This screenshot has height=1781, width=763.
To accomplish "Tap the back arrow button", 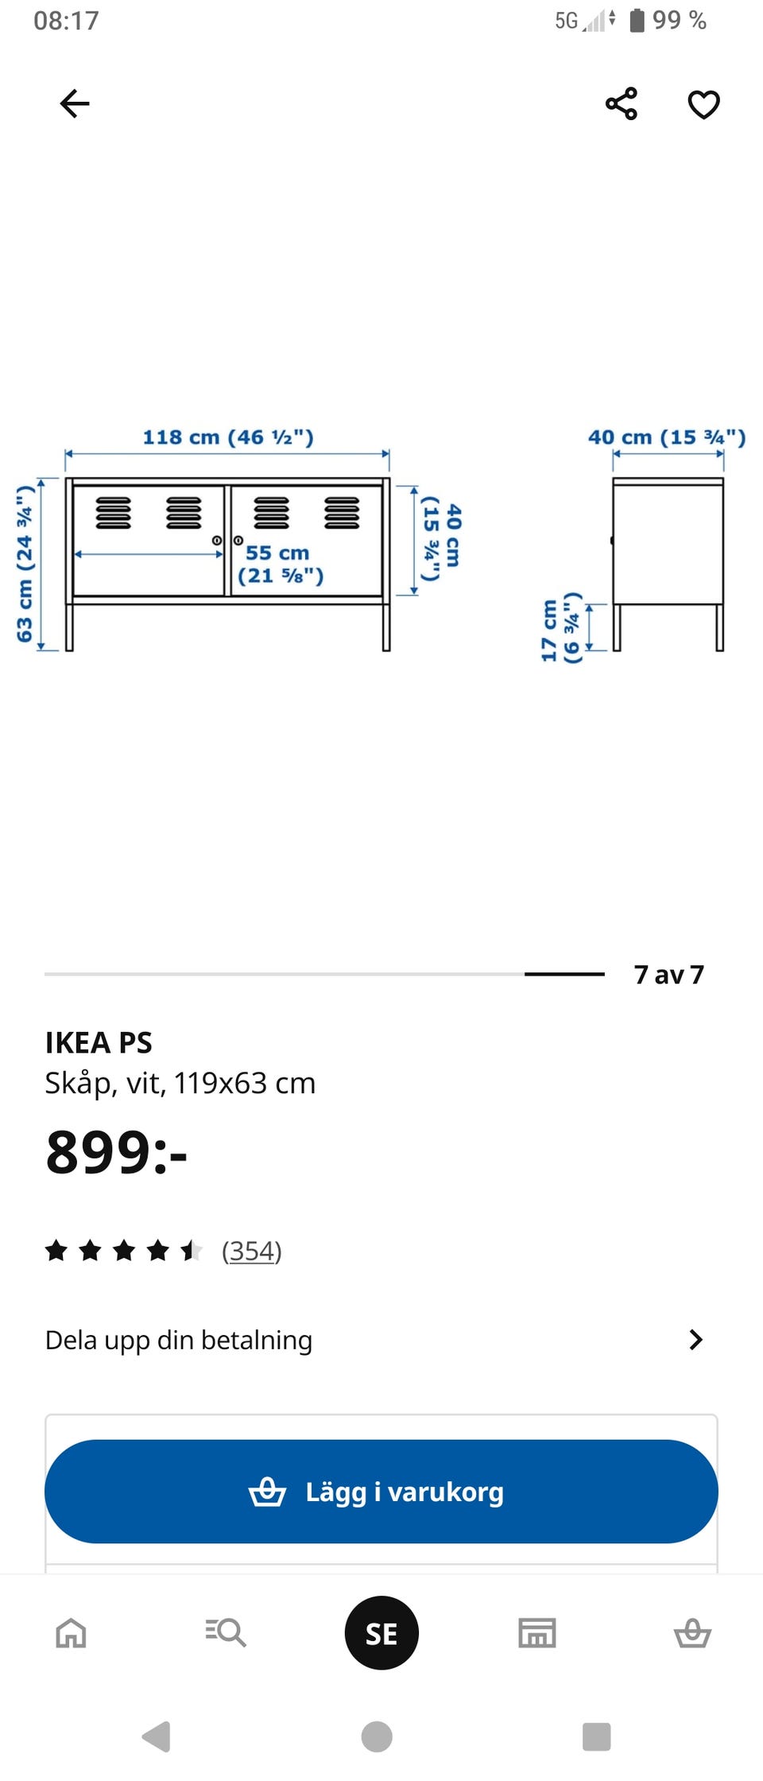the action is (x=75, y=103).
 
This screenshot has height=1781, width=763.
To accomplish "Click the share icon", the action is (x=622, y=103).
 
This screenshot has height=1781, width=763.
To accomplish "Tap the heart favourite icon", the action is (x=703, y=104).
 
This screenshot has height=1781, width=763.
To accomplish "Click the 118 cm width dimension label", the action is (x=228, y=437).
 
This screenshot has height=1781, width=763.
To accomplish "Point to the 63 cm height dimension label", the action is (x=25, y=563).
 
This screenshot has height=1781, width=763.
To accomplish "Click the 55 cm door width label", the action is (x=281, y=564).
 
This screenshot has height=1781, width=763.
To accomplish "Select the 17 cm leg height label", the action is (x=561, y=628).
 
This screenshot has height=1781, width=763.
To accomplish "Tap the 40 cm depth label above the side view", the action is (x=667, y=437).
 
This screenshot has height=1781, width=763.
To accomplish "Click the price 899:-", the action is (x=116, y=1152).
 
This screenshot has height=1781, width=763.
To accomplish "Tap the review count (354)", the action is (x=252, y=1251).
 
